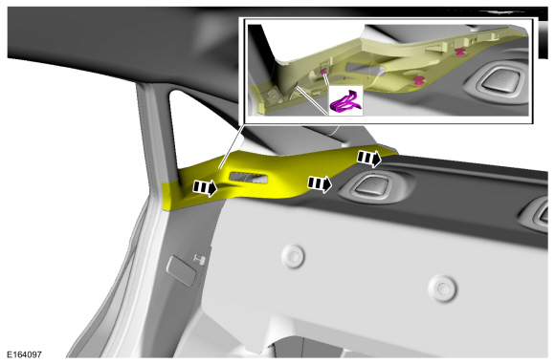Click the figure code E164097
point(25,354)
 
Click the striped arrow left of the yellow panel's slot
point(205,187)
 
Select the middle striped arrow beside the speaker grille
point(320,183)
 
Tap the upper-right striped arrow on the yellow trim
point(369,158)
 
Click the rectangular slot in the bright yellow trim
point(249,178)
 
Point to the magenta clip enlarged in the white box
point(346,102)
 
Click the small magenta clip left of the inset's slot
point(322,73)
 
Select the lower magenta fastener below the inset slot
point(418,80)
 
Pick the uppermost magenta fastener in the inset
point(459,53)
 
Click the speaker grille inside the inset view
point(500,80)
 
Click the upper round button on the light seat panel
point(293,256)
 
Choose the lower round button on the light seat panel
point(442,289)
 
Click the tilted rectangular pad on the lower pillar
point(181,270)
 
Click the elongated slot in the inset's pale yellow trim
point(365,69)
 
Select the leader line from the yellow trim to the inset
point(232,146)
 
